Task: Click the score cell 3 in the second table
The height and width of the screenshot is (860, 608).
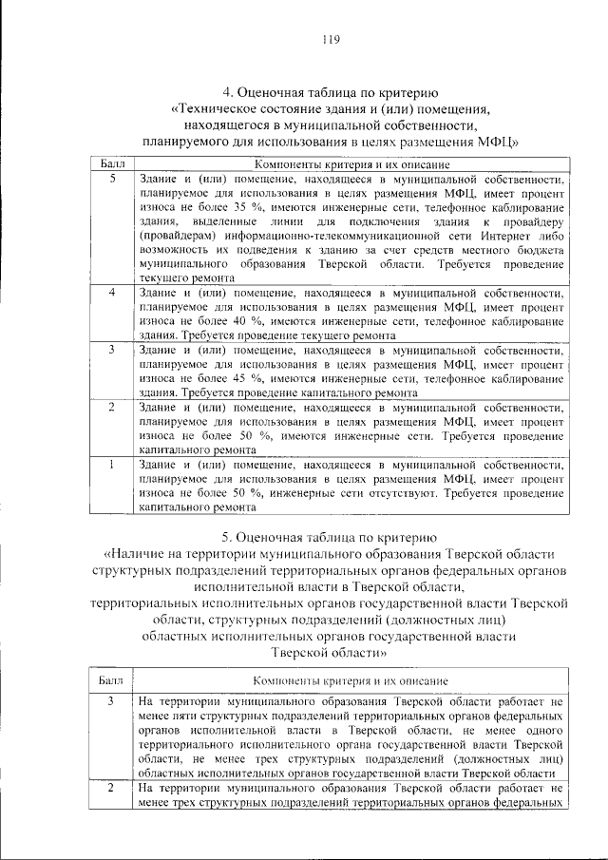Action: tap(111, 701)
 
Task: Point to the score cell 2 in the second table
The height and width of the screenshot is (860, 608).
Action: tap(111, 788)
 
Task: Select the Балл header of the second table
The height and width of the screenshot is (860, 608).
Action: tap(111, 680)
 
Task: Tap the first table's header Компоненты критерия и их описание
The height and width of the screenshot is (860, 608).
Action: tap(350, 164)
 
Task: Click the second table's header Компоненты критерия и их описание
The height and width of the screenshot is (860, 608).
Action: tap(350, 680)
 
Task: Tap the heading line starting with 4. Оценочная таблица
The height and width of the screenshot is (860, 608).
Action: tap(330, 92)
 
